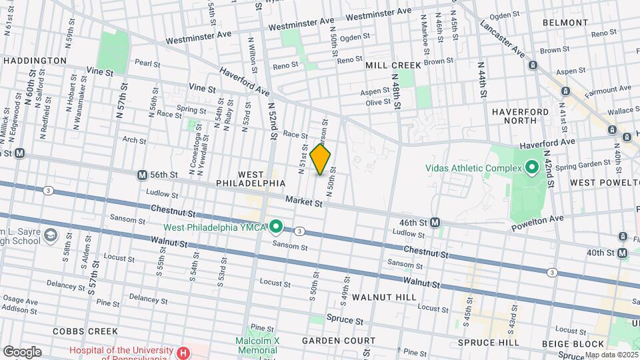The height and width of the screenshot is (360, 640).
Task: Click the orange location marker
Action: [321, 159]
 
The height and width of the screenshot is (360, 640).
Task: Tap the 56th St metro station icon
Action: [142, 175]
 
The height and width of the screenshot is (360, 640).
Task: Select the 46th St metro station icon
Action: [435, 222]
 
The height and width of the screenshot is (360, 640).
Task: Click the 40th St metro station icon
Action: [622, 253]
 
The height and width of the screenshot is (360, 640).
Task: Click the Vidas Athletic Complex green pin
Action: [531, 167]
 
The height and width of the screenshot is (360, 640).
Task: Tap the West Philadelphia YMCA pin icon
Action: [275, 227]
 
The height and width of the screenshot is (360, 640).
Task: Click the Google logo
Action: [22, 352]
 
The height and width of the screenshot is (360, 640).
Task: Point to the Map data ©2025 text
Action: [611, 355]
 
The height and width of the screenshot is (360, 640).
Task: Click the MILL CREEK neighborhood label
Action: [393, 65]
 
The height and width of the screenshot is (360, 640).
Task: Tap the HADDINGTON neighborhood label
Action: [35, 61]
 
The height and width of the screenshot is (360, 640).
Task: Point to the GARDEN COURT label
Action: [330, 340]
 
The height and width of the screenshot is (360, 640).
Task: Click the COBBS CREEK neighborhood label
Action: [85, 331]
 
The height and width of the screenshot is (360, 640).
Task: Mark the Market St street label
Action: [304, 201]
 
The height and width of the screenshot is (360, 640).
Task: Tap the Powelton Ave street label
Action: [537, 223]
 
